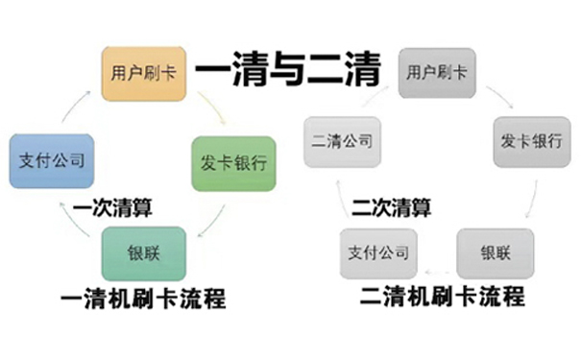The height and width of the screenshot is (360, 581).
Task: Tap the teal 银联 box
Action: click(x=137, y=254)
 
